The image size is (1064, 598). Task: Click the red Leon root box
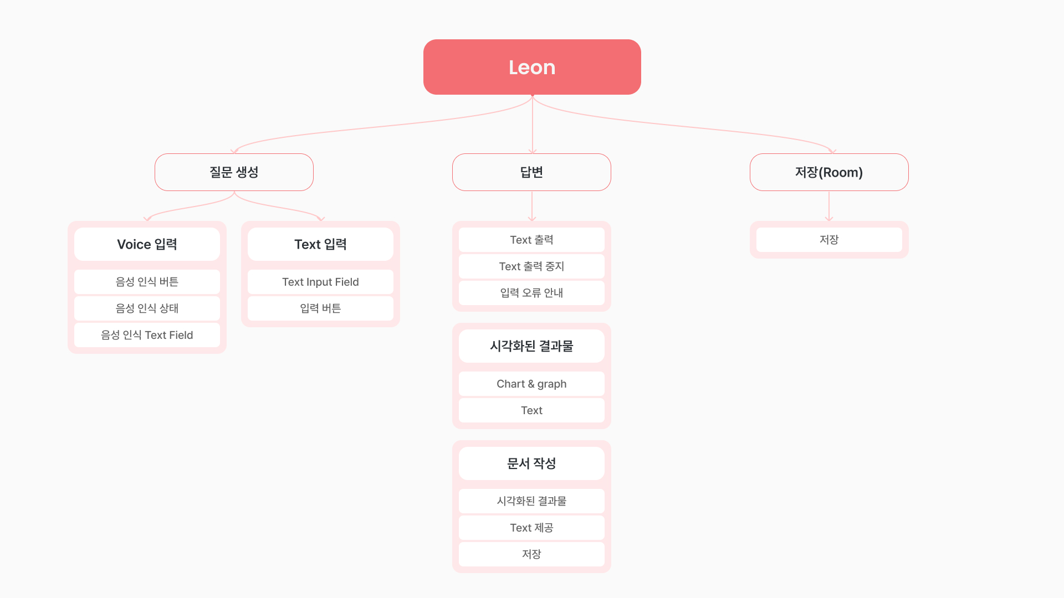[532, 67]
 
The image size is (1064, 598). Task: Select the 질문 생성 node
[234, 172]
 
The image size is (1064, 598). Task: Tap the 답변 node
[531, 172]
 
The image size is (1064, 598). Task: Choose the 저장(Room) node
[829, 172]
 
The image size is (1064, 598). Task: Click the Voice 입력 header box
[147, 244]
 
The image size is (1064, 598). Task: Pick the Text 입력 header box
[320, 244]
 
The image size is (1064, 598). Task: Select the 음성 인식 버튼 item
[147, 282]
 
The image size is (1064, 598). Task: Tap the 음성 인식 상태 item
[147, 308]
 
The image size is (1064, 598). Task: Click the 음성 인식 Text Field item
[147, 335]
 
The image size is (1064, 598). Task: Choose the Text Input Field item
[320, 282]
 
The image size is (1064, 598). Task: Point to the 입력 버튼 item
[320, 308]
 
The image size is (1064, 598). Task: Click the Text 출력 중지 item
[531, 266]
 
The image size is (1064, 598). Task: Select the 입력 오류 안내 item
[531, 293]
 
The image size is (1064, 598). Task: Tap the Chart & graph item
[531, 384]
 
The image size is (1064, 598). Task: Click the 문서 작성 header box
[531, 463]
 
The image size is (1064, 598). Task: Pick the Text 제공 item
[531, 528]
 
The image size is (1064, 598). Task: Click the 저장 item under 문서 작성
[531, 554]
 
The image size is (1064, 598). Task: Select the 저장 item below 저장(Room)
[829, 240]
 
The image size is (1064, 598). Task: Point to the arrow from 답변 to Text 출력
[532, 206]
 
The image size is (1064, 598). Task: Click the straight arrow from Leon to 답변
[533, 125]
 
